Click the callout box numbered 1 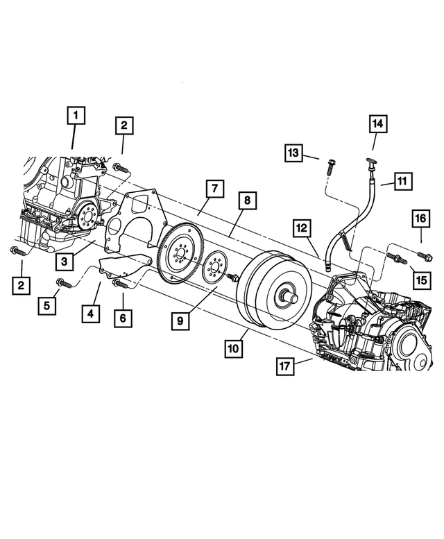pos(76,115)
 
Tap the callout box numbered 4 pos(90,314)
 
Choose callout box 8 pos(246,201)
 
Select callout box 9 pos(180,321)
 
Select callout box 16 pos(420,219)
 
